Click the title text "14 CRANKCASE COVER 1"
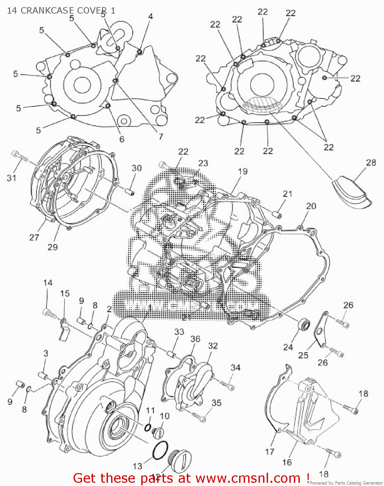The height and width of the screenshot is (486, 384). [61, 11]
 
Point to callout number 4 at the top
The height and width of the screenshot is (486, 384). [150, 16]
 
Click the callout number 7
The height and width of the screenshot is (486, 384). [161, 136]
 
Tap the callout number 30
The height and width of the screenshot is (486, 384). [136, 168]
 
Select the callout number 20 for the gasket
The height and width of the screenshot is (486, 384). [311, 206]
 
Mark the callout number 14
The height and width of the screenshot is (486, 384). [48, 283]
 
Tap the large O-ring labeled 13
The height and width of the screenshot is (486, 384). [160, 450]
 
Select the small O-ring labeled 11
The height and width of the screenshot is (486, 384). [148, 428]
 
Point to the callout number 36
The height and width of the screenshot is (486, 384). [195, 339]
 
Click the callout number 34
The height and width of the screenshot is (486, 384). [235, 367]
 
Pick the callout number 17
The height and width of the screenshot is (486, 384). [270, 451]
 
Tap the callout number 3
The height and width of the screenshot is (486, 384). [46, 353]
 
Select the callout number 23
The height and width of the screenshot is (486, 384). [203, 163]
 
